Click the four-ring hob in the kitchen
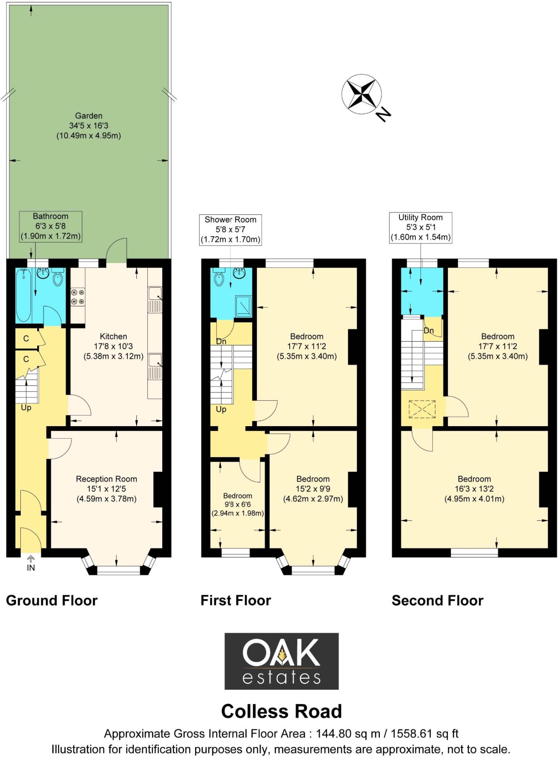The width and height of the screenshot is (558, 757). [x=78, y=297]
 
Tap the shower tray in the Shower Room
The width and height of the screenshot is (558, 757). [x=244, y=306]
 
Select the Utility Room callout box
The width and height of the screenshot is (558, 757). [x=421, y=227]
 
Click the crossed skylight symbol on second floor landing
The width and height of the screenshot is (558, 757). [x=422, y=409]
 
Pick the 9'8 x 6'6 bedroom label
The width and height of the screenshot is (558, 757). [x=238, y=504]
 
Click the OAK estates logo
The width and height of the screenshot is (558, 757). [x=282, y=661]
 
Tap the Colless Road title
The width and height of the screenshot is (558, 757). [x=282, y=712]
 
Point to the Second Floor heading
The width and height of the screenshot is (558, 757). [x=438, y=601]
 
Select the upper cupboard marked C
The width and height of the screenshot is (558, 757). [x=27, y=338]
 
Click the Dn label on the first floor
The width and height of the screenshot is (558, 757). [x=221, y=342]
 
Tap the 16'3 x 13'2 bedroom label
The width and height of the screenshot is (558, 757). [x=474, y=489]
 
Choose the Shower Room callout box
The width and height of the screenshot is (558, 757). [x=230, y=230]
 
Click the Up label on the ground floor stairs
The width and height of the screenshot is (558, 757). [x=26, y=408]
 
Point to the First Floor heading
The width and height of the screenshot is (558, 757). [x=236, y=601]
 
